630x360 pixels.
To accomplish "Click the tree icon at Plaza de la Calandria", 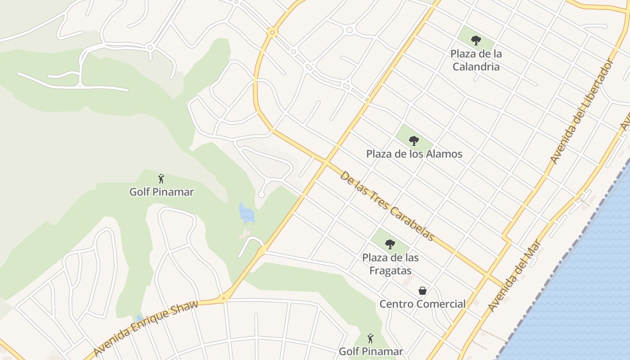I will click(x=476, y=40).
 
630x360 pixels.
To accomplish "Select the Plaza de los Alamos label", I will click(x=414, y=154).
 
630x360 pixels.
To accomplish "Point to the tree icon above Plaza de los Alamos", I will click(x=414, y=141).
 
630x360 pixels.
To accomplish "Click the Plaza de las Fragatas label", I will click(x=390, y=264).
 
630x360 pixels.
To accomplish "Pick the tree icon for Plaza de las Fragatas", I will click(x=390, y=244).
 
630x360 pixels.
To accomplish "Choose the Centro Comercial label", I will click(x=422, y=304).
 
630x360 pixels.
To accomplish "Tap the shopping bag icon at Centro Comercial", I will click(x=423, y=291).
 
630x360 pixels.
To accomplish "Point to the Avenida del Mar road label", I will click(x=515, y=279).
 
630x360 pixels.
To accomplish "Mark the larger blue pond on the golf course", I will click(x=246, y=213).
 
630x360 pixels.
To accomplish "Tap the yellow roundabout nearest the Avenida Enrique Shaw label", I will click(x=223, y=297).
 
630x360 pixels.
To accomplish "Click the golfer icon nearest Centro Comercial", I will click(x=370, y=338).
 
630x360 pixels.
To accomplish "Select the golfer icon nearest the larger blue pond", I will click(x=161, y=179).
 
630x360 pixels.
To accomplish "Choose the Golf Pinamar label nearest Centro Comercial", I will click(x=370, y=351).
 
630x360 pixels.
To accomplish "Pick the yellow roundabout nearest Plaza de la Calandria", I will click(x=271, y=32).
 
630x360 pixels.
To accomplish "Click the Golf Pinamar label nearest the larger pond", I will click(x=162, y=192).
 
